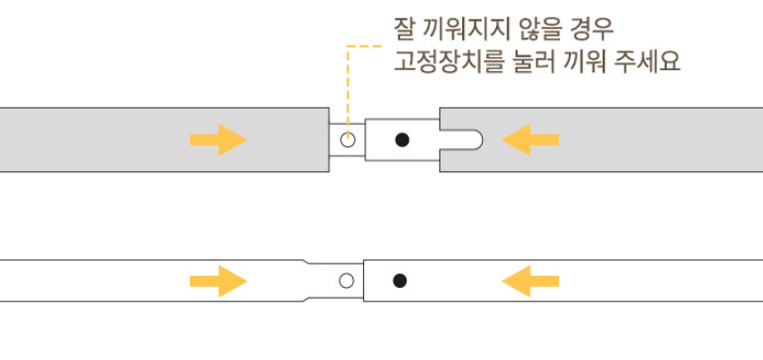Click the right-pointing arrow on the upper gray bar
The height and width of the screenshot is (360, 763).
pos(218,139)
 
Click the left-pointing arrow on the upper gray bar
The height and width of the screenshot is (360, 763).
pos(530,139)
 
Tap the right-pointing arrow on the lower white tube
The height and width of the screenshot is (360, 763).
pos(218,281)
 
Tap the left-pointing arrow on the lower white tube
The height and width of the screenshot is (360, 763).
pos(530,281)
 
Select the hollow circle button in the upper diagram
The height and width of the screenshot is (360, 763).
pos(347,140)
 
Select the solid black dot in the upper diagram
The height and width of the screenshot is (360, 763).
pos(402,140)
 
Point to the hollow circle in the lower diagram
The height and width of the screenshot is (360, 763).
pos(346,281)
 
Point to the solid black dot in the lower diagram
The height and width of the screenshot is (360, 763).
pos(400,281)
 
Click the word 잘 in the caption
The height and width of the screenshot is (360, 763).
pos(404,30)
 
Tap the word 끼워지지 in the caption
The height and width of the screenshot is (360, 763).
pos(466,30)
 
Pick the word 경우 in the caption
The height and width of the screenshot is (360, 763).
pos(591,30)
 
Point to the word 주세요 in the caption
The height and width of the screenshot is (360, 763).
pos(647,62)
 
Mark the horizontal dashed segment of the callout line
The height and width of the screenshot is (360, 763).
pos(364,46)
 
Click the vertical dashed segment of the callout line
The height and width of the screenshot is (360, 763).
pos(347,90)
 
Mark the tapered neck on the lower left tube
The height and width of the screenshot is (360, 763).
pos(306,281)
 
